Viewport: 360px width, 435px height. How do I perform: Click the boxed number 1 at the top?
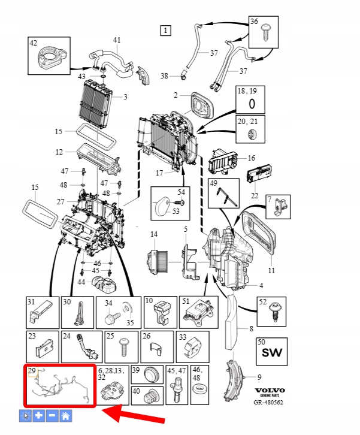[x=166, y=30]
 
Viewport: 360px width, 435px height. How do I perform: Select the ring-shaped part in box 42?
[x=49, y=58]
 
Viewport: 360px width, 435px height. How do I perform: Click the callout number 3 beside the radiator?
[x=125, y=96]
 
